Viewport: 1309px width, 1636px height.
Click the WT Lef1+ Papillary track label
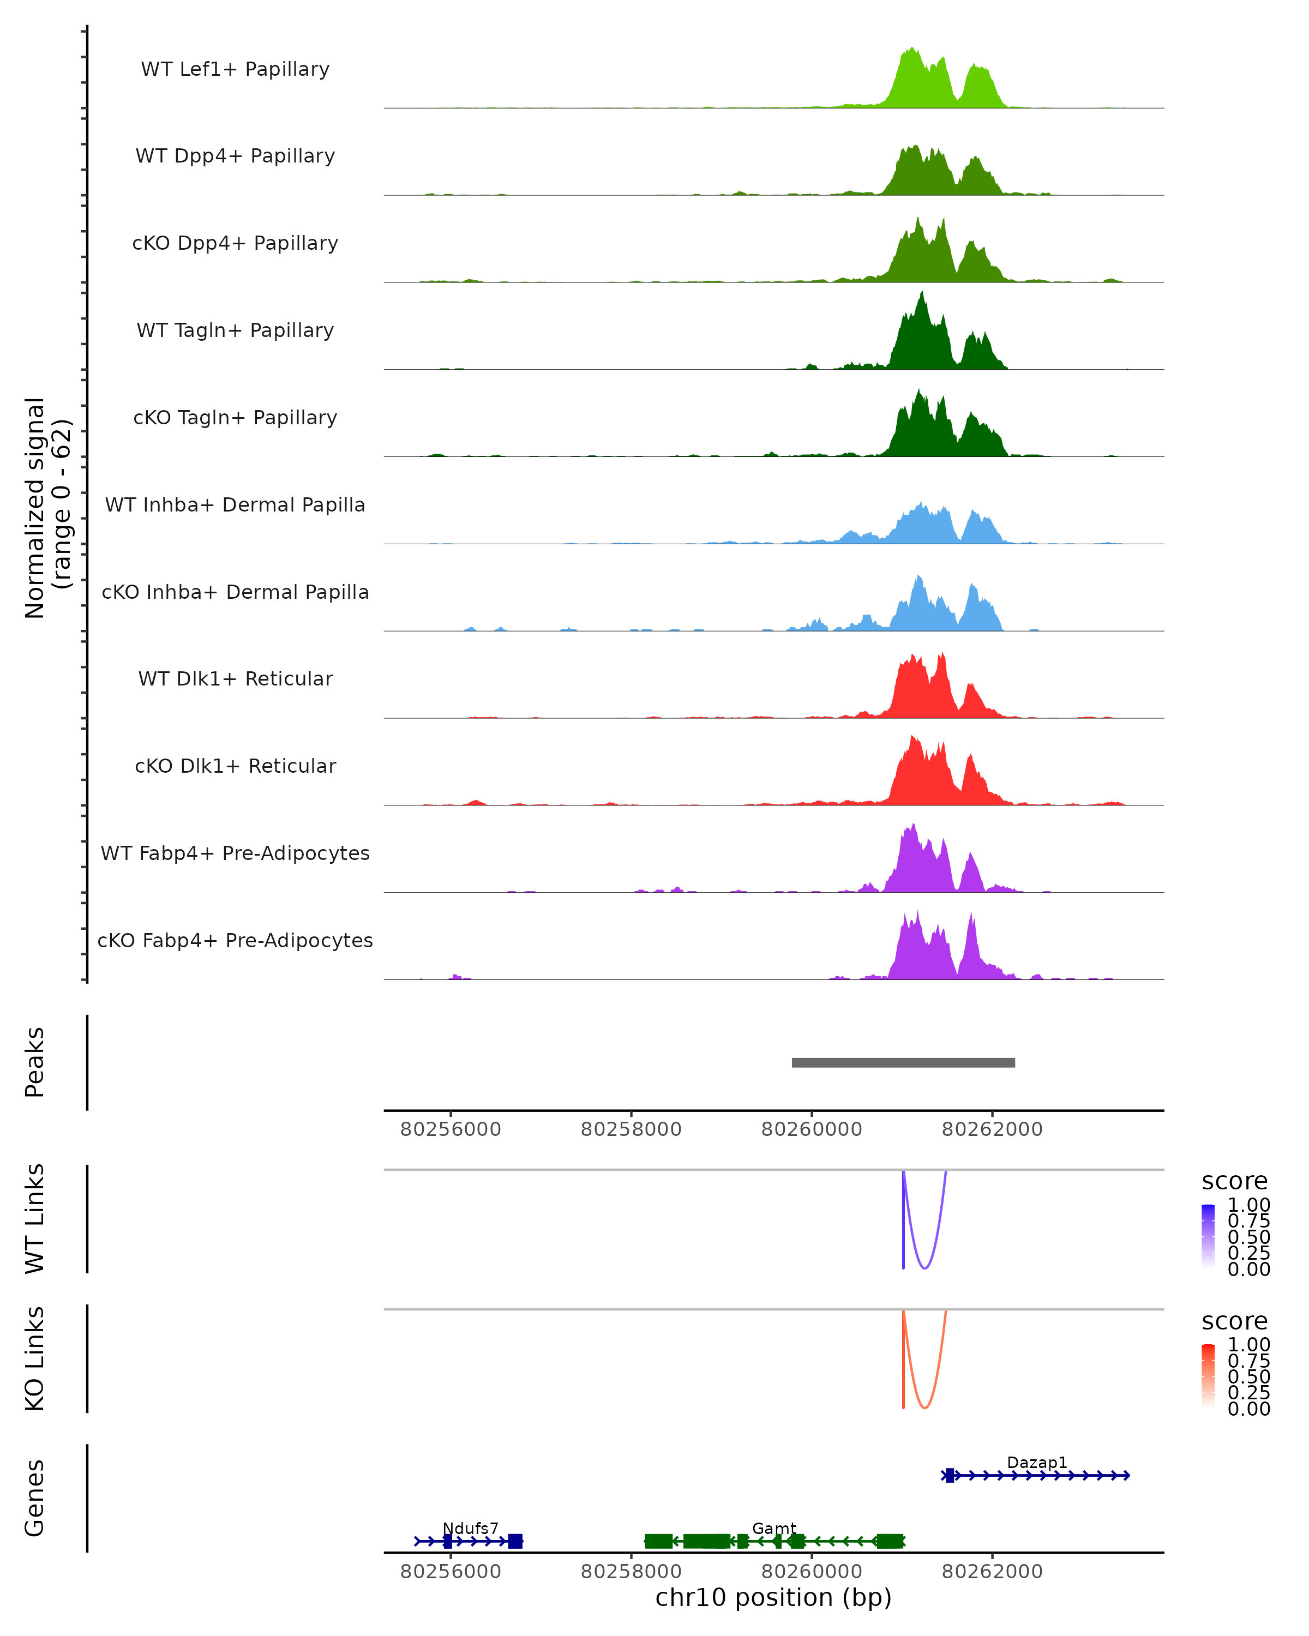pos(235,69)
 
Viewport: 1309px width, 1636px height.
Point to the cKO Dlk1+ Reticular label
pos(235,766)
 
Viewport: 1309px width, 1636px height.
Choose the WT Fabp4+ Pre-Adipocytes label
pos(235,853)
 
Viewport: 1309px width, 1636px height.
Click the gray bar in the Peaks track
pos(903,1062)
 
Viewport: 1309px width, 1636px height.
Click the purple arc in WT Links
pos(924,1267)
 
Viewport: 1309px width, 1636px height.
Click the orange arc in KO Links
pos(924,1408)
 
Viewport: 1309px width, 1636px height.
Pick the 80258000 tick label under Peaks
pos(631,1129)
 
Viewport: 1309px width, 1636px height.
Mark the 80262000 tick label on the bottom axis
pos(992,1572)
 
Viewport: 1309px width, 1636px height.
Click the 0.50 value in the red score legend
pos(1248,1376)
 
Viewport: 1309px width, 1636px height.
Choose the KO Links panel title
pos(35,1359)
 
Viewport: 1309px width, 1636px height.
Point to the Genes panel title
pos(35,1498)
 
